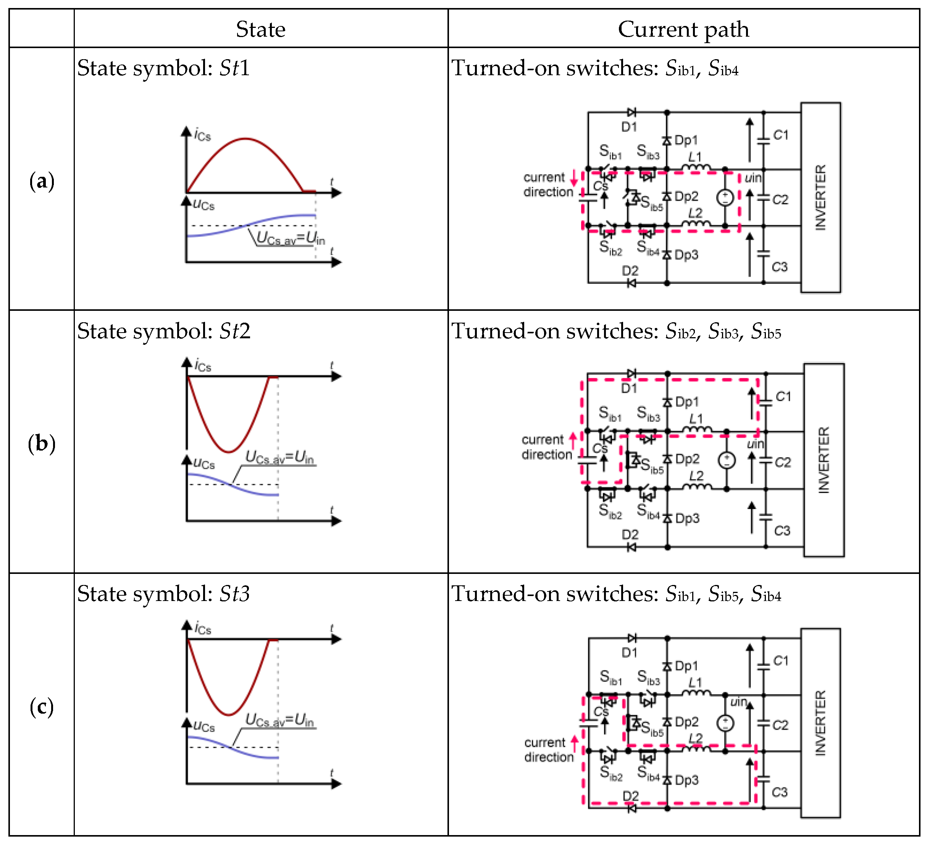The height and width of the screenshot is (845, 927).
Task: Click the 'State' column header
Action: [261, 29]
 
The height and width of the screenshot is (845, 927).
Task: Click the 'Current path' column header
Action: [683, 29]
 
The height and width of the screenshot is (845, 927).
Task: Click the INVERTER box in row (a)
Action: [820, 198]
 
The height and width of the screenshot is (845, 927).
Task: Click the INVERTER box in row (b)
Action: [824, 460]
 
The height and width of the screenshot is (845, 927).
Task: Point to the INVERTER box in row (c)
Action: [820, 723]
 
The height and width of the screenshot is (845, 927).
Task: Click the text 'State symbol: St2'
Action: [164, 331]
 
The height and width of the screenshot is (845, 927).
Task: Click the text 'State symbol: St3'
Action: [163, 594]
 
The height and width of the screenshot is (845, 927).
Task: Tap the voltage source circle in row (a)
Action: [725, 198]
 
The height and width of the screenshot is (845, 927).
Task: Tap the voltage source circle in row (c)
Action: [725, 724]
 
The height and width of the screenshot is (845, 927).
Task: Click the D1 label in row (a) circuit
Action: [629, 127]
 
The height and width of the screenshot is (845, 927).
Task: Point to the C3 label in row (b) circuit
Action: [782, 531]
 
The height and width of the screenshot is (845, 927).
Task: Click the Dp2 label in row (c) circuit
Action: [686, 722]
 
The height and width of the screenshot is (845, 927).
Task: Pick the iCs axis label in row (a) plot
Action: [202, 136]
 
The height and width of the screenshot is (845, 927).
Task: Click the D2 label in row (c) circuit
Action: [630, 796]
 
